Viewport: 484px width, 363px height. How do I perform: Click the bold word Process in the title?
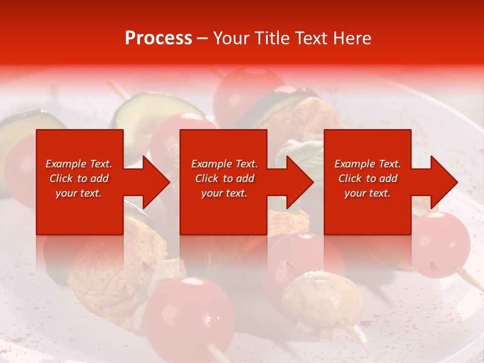point(158,38)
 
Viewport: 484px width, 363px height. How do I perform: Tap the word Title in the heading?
point(271,38)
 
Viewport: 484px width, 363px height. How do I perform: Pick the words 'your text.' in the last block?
point(367,193)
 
